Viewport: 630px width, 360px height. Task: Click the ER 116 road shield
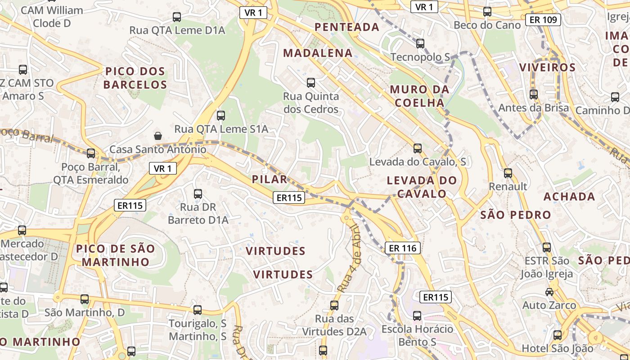[x=403, y=247]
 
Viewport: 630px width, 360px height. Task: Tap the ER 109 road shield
[x=543, y=19]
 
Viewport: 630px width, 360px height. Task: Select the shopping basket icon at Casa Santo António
[x=158, y=135]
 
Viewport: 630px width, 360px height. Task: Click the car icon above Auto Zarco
[x=549, y=292]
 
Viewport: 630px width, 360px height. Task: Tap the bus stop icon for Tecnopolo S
[x=420, y=44]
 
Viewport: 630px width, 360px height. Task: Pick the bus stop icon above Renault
[x=508, y=173]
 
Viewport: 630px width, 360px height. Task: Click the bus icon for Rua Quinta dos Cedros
[x=310, y=83]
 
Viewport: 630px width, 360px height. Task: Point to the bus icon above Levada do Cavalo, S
[x=418, y=148]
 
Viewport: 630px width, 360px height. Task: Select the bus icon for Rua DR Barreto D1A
[x=198, y=194]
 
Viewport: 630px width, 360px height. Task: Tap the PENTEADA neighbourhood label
[x=347, y=27]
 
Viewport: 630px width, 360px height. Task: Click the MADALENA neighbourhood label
[x=318, y=53]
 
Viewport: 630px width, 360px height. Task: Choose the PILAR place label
[x=270, y=179]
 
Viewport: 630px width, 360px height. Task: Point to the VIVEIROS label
[x=547, y=67]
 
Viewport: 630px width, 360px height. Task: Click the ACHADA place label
[x=569, y=197]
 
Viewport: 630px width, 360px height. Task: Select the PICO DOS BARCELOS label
[x=135, y=78]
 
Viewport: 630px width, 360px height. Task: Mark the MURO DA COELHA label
[x=419, y=96]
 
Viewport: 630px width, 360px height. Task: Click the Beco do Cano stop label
[x=487, y=25]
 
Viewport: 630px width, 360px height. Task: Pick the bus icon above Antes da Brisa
[x=534, y=94]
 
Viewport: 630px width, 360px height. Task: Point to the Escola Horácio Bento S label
[x=417, y=335]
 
